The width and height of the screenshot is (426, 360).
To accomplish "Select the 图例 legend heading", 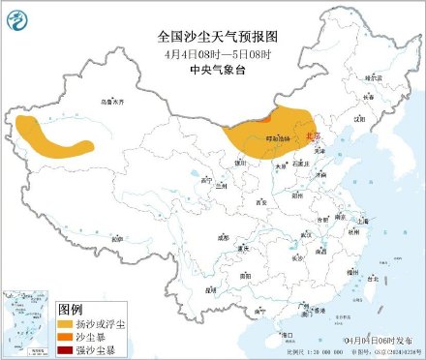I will pos(74,305).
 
